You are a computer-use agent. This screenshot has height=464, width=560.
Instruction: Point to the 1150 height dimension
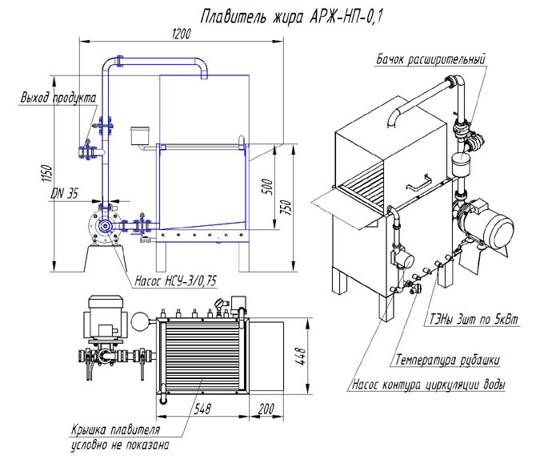point(47,172)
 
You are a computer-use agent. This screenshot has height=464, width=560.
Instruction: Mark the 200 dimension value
point(265,408)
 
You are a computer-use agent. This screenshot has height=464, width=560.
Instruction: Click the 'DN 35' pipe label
point(63,193)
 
